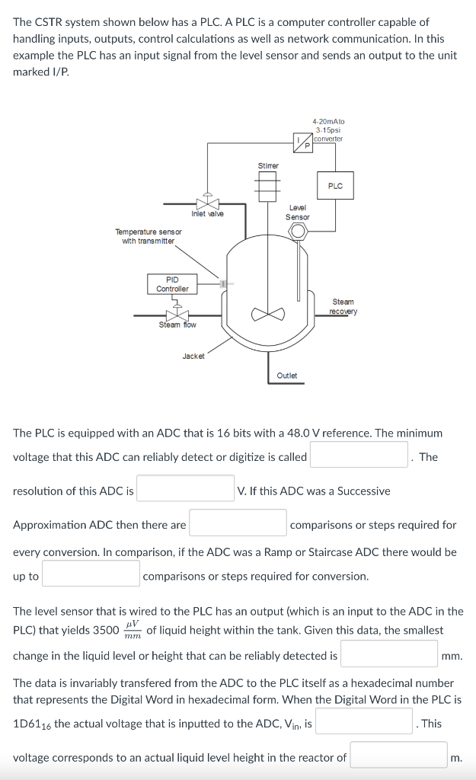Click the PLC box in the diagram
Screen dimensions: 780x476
click(x=335, y=186)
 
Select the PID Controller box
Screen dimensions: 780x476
click(x=172, y=284)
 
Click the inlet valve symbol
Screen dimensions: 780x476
click(x=206, y=203)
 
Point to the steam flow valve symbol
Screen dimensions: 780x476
click(x=177, y=314)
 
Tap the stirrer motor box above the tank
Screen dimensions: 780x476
click(x=268, y=186)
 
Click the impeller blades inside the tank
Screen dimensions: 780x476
click(x=268, y=313)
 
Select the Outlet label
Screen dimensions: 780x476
click(x=287, y=376)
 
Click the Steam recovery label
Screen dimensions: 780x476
click(x=343, y=306)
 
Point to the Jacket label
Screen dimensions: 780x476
click(x=193, y=356)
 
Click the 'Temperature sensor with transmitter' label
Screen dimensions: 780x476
click(x=149, y=236)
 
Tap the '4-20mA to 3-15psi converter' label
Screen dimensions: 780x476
click(x=328, y=129)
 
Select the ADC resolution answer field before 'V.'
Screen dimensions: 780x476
click(x=185, y=490)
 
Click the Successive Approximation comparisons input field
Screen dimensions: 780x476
click(x=238, y=524)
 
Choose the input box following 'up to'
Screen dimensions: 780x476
click(x=91, y=575)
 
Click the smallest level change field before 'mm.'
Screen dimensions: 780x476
click(x=388, y=654)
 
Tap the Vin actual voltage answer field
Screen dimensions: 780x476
click(x=365, y=723)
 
